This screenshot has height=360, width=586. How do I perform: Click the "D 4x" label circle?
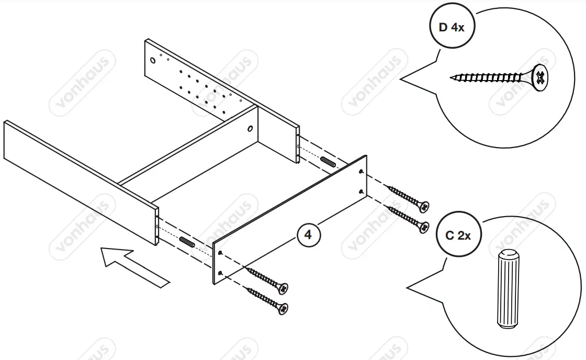click(451, 27)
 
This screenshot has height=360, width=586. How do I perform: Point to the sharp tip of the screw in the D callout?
click(452, 78)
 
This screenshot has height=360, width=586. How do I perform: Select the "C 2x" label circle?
click(458, 235)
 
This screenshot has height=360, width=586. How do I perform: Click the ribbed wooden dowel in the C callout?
click(506, 288)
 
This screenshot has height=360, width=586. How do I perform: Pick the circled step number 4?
click(308, 235)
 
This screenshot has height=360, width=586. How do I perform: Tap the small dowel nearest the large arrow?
click(187, 242)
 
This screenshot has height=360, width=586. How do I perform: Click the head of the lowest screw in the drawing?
click(283, 309)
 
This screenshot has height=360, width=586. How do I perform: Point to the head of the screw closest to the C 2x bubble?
click(423, 226)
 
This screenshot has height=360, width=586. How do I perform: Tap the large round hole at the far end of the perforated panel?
click(153, 61)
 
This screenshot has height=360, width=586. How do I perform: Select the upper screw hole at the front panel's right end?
click(362, 172)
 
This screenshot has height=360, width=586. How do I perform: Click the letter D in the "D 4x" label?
click(443, 27)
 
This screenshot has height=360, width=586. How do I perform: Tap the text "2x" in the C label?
click(465, 236)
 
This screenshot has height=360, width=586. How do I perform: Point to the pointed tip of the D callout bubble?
click(401, 80)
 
